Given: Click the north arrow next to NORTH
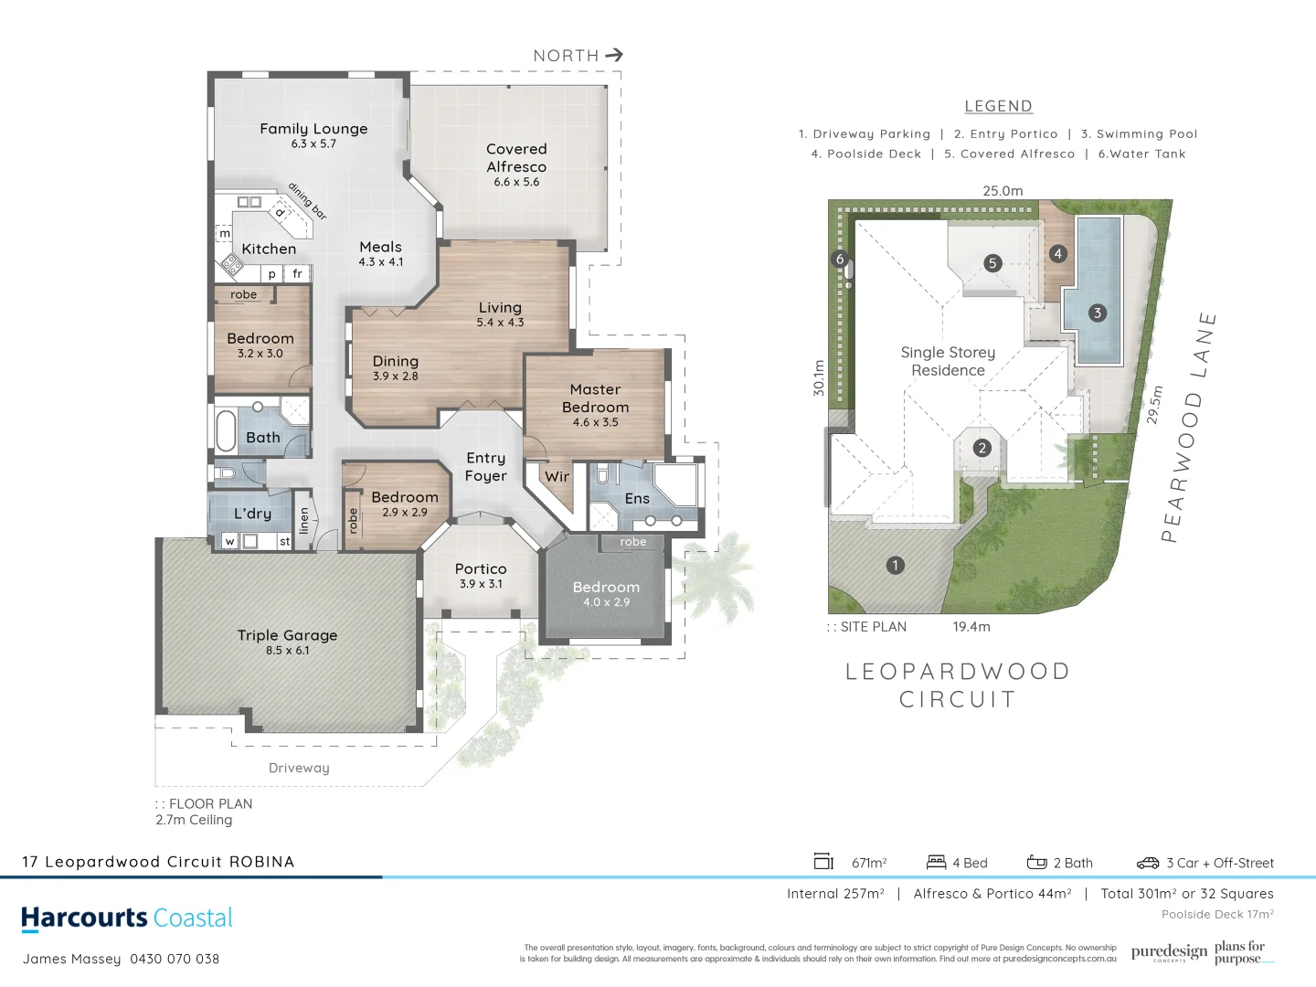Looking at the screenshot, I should [614, 55].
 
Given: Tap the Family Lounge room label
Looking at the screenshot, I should [313, 129].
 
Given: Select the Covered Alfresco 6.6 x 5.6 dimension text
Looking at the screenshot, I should [516, 182].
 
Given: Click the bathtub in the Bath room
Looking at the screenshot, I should [226, 430].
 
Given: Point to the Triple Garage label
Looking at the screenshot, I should [287, 635].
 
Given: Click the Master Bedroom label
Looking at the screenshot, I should [595, 398].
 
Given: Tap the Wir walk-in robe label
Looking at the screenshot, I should [557, 476].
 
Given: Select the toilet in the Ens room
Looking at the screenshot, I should [602, 475].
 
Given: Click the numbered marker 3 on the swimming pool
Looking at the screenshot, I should [1098, 313].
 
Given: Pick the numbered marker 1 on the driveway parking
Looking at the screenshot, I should [896, 565].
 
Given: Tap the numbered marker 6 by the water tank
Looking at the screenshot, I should [840, 259].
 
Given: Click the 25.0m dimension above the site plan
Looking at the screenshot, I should [1003, 191].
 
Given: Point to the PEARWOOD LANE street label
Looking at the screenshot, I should [1189, 427].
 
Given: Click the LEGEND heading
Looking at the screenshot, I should [998, 106].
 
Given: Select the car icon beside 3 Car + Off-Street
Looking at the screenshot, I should [1147, 863].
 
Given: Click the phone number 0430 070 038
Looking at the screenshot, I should [175, 959].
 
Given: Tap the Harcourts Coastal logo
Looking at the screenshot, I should [127, 918].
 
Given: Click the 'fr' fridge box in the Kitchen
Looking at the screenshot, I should [297, 273].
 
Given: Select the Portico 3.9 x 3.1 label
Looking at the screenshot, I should [481, 576].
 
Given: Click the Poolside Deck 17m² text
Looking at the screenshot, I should [1216, 914].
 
